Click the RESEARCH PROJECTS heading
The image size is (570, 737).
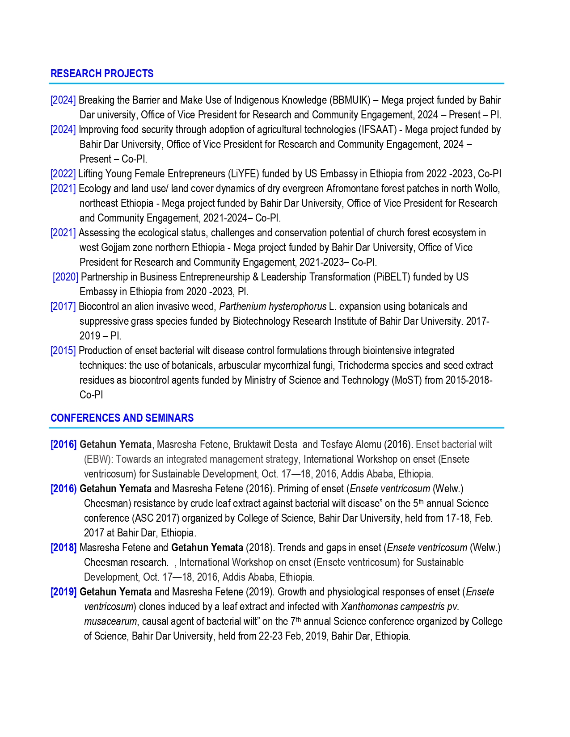click(102, 74)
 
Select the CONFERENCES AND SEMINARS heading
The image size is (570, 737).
click(122, 418)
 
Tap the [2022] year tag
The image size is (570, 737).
click(63, 174)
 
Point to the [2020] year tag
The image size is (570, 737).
click(66, 277)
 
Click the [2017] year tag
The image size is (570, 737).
click(63, 306)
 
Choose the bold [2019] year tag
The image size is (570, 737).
click(63, 592)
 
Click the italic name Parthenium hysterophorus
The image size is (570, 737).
click(273, 306)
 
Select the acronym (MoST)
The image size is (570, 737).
click(408, 380)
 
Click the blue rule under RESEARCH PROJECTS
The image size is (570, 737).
click(277, 84)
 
